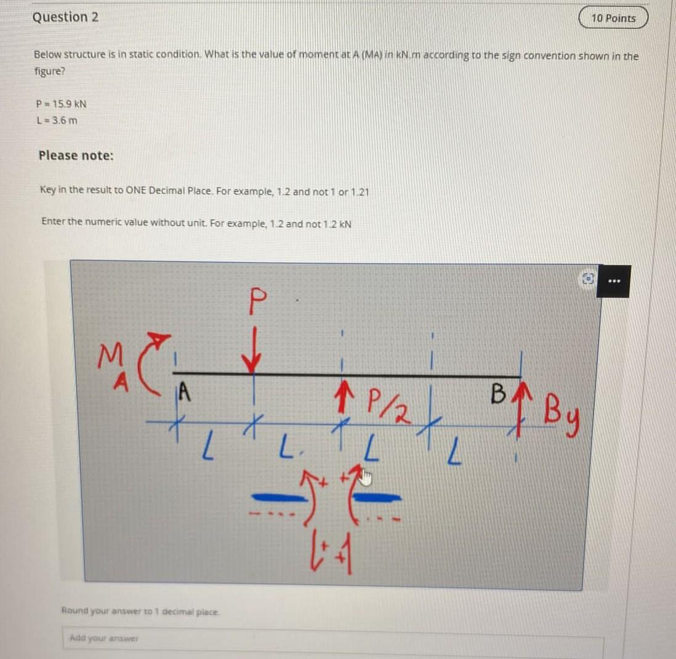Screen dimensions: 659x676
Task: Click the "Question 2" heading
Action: [x=65, y=17]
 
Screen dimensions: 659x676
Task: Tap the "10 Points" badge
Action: [x=613, y=18]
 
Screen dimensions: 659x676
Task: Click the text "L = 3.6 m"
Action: [x=57, y=120]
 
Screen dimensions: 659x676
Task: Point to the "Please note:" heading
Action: [x=76, y=156]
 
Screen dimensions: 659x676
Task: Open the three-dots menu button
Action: [x=613, y=281]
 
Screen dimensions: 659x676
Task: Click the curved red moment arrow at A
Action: [x=148, y=354]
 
